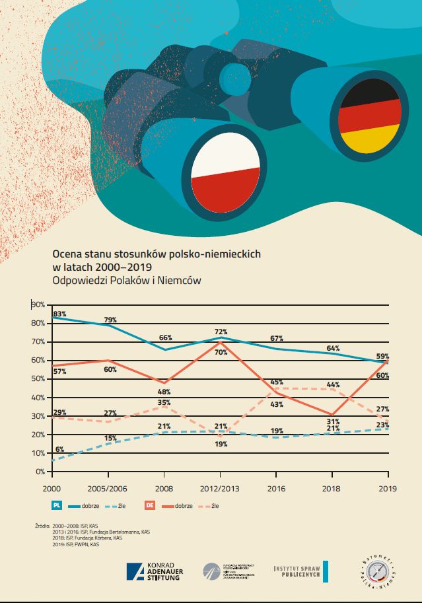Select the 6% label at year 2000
tap(59, 449)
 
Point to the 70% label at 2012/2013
tap(221, 352)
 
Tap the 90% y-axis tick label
tap(37, 304)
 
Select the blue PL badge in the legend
tap(57, 506)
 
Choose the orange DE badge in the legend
tap(150, 506)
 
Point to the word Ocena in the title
tap(67, 253)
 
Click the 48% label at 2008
tap(164, 392)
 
